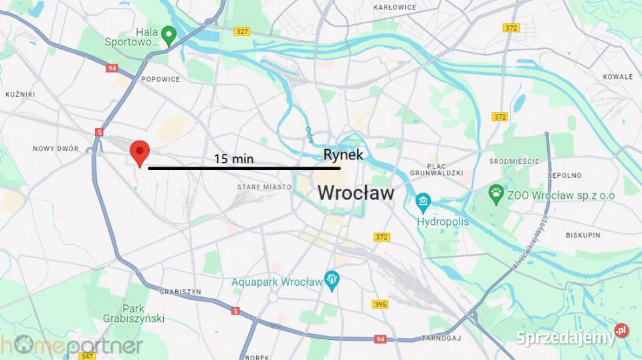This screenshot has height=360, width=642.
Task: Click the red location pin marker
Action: pyautogui.click(x=139, y=152)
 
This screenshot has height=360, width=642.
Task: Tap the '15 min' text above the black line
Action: pyautogui.click(x=233, y=159)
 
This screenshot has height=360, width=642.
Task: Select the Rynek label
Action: pyautogui.click(x=343, y=155)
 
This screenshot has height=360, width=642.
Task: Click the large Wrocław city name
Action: pyautogui.click(x=355, y=193)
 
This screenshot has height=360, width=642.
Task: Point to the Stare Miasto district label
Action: pyautogui.click(x=264, y=187)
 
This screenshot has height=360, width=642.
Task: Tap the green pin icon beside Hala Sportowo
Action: pyautogui.click(x=169, y=35)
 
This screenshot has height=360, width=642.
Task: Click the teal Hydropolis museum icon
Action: pyautogui.click(x=423, y=201)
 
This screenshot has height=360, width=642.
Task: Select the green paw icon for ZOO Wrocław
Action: pyautogui.click(x=496, y=195)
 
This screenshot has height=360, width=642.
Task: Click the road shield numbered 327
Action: pyautogui.click(x=242, y=31)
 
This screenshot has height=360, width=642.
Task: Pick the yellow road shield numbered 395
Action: pyautogui.click(x=380, y=304)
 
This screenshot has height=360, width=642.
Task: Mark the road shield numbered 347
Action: pyautogui.click(x=86, y=355)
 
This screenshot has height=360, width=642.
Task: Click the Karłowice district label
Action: pyautogui.click(x=395, y=7)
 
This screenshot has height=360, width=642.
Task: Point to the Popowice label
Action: pyautogui.click(x=160, y=79)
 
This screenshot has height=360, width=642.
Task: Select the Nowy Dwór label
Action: pyautogui.click(x=56, y=149)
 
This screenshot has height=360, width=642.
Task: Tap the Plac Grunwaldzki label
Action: pyautogui.click(x=445, y=169)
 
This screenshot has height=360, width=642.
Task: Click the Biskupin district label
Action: pyautogui.click(x=583, y=235)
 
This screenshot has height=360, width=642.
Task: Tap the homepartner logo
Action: pyautogui.click(x=72, y=345)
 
